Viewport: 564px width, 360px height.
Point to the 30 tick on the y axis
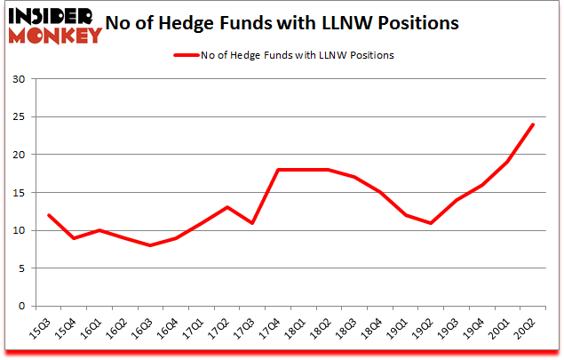(x=19, y=79)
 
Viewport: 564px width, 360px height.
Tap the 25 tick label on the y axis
(x=19, y=117)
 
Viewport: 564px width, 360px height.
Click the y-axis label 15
(x=19, y=193)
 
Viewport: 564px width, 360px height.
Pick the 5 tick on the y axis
(x=22, y=268)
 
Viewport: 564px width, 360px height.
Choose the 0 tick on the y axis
(x=22, y=307)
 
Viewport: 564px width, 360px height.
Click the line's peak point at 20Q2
(x=533, y=124)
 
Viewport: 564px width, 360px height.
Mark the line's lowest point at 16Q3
(x=150, y=245)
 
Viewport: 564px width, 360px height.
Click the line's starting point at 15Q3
(x=49, y=215)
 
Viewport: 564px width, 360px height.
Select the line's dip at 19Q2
(x=431, y=223)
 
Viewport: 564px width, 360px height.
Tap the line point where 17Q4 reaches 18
(x=278, y=170)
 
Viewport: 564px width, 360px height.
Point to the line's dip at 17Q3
(x=252, y=223)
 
